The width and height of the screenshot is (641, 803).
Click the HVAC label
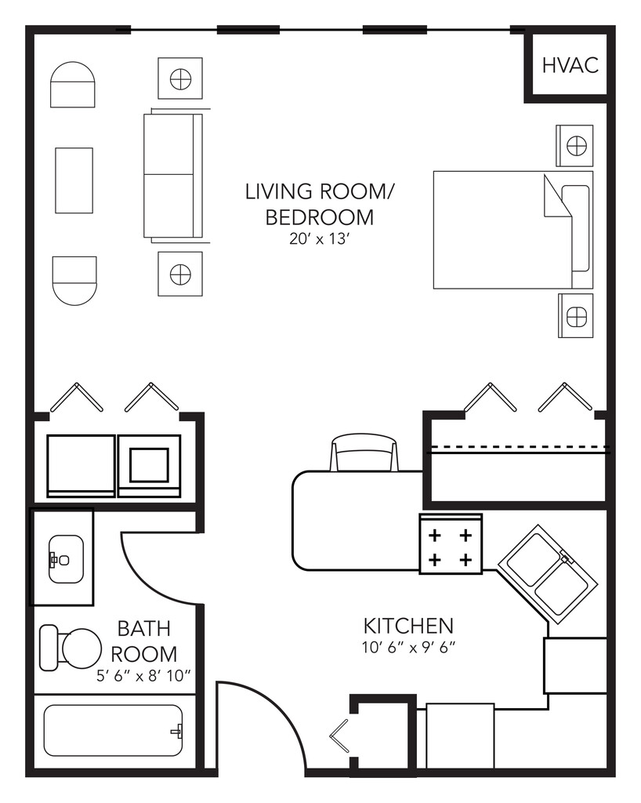(x=570, y=65)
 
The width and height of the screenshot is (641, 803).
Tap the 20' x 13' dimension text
(x=319, y=238)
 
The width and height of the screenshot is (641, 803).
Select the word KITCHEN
(x=408, y=626)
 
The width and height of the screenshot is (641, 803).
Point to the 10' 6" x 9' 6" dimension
(x=408, y=647)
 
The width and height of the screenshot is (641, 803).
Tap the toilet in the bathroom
(x=70, y=648)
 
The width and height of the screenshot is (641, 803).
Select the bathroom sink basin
(x=66, y=559)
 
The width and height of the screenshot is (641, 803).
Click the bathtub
(x=113, y=731)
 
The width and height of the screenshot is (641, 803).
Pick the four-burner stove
(x=450, y=543)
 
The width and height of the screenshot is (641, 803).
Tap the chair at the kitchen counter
(x=364, y=453)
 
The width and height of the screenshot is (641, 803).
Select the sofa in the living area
(x=173, y=176)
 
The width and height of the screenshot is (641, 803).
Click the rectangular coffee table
(x=74, y=180)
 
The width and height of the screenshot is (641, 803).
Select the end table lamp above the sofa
(x=180, y=79)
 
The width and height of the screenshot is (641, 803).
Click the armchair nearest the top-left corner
(x=73, y=85)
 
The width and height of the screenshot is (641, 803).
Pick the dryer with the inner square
(x=149, y=466)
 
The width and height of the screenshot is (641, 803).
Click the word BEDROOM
(x=319, y=217)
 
